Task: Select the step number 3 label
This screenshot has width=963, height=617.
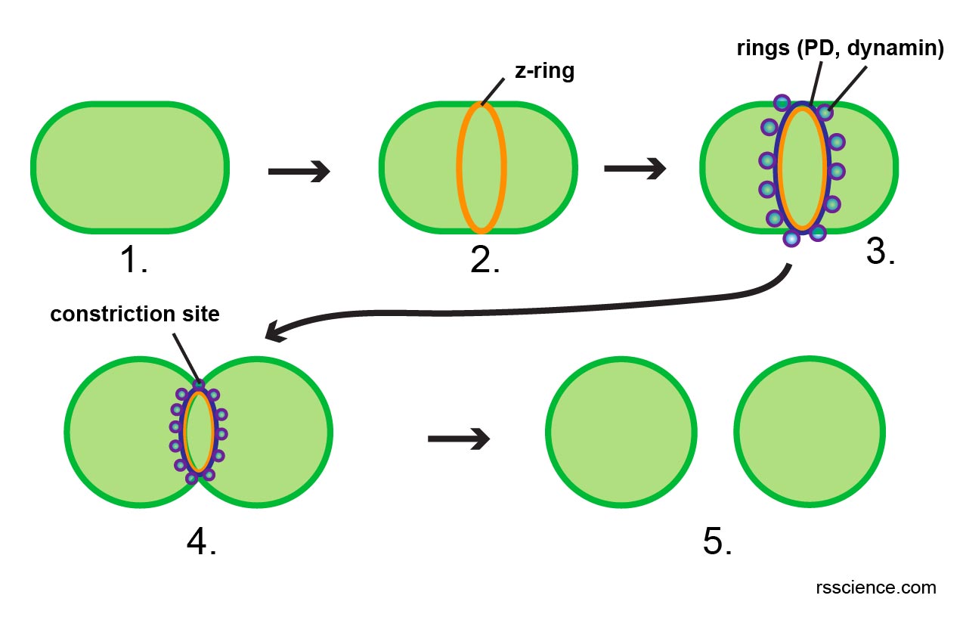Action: coord(881,253)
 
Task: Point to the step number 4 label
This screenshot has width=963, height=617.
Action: coord(201,540)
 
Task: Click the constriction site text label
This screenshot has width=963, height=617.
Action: coord(135,315)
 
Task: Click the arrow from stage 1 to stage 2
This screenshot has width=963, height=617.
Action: coord(299,172)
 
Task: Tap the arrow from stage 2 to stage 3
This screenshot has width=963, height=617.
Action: coord(635,168)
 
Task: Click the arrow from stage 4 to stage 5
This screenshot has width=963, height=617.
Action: coord(459,438)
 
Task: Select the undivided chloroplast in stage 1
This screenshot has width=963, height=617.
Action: coord(130,166)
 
